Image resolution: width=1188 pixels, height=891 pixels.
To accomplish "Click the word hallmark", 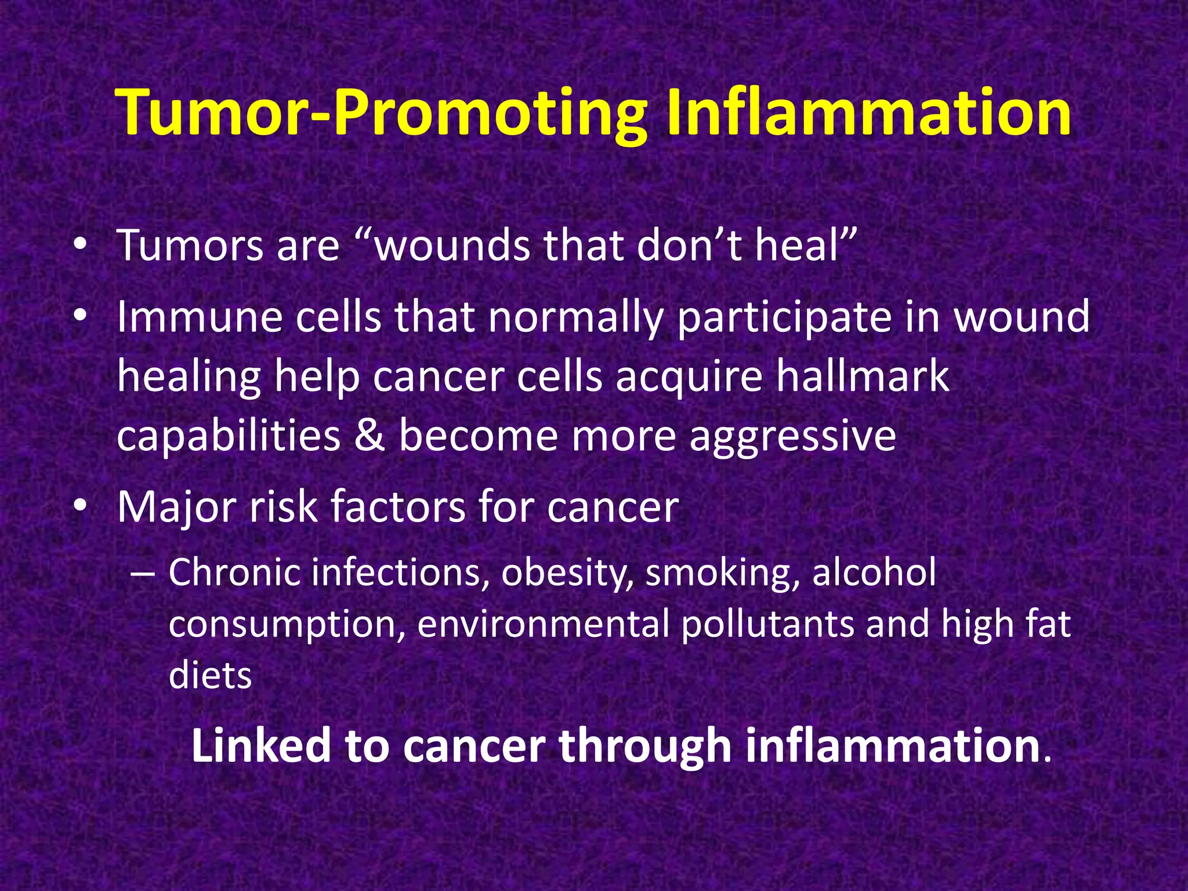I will [x=863, y=376].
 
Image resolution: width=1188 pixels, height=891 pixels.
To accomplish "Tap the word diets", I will [x=210, y=676].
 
